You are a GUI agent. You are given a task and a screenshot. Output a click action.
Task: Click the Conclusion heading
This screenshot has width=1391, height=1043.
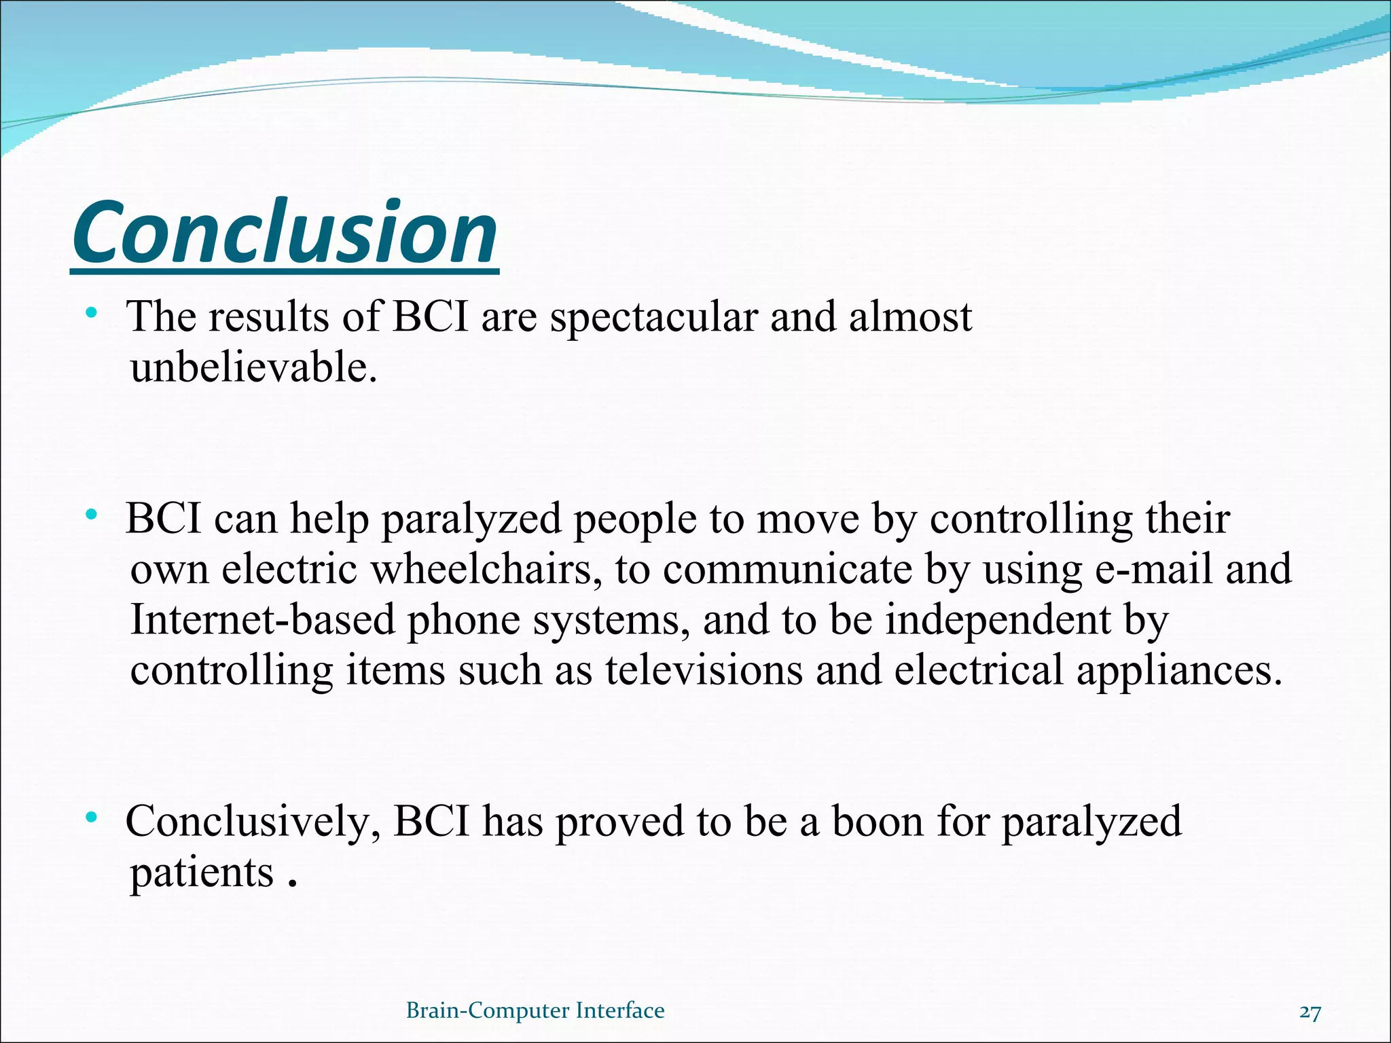point(285,233)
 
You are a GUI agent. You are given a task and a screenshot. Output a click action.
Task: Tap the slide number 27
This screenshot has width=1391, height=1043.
point(1309,1012)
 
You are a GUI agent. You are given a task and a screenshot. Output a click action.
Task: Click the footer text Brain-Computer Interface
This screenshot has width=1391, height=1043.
point(535,1010)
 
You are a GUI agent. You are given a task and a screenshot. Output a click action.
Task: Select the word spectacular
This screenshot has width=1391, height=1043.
point(653,318)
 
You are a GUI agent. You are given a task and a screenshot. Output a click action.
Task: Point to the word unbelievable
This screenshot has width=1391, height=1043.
point(253,367)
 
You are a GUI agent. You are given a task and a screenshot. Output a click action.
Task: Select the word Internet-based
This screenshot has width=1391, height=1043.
point(262,620)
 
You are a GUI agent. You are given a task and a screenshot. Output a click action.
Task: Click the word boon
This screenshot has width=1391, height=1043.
point(878,821)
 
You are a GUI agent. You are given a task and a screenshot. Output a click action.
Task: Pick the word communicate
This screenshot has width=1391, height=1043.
point(787,569)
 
